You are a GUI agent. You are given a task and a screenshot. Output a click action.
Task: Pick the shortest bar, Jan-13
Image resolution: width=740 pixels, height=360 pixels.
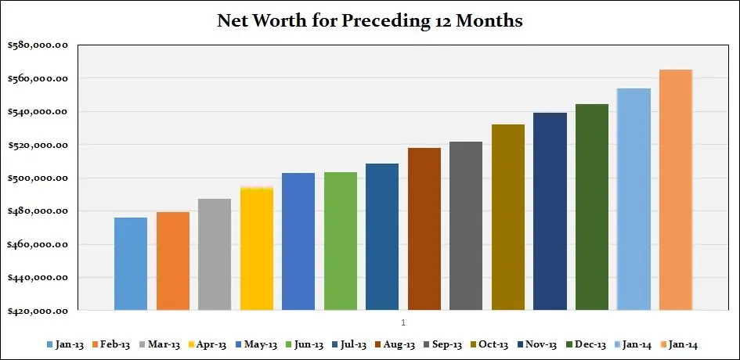click(x=131, y=264)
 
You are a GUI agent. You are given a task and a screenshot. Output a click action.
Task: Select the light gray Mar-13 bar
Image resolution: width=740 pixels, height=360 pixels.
click(x=215, y=254)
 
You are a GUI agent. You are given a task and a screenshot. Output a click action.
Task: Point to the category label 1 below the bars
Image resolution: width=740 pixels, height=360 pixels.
click(x=402, y=322)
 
